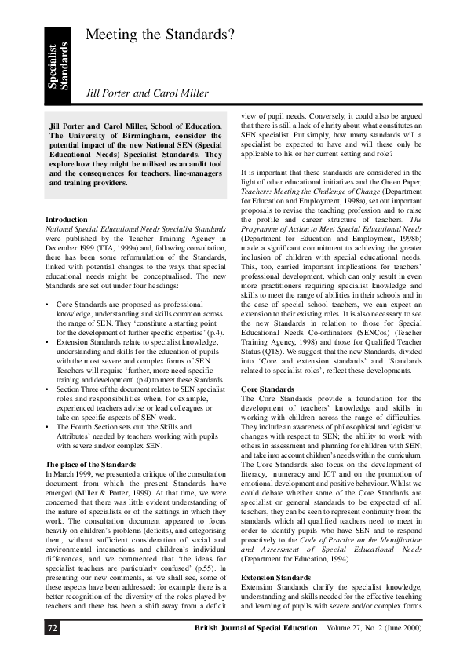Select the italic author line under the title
[x=147, y=93]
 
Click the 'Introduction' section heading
[x=67, y=219]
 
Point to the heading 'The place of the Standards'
[x=91, y=465]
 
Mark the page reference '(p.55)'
[x=205, y=563]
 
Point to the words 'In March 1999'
[x=71, y=473]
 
